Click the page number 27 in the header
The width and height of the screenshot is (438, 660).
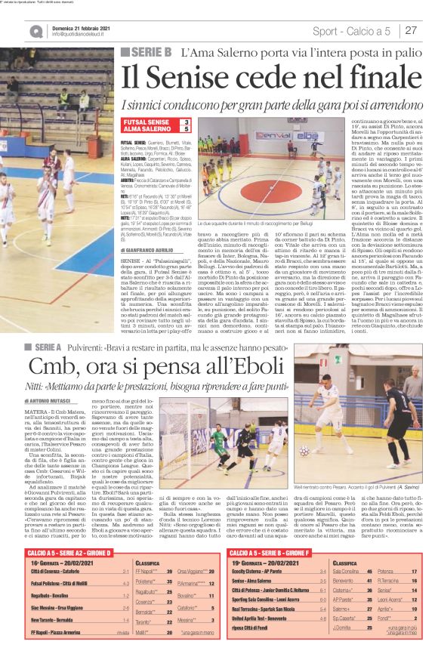412,30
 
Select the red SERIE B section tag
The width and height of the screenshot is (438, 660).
147,52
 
